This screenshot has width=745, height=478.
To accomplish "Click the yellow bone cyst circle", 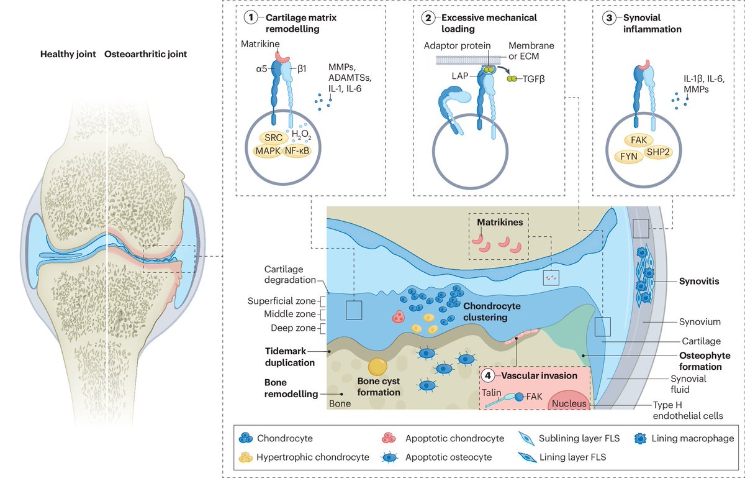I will (x=378, y=367).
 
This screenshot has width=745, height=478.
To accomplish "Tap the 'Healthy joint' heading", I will (x=68, y=54).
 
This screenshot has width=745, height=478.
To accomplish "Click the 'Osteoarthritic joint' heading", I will (x=145, y=54).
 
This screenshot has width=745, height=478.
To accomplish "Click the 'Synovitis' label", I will (x=699, y=282).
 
